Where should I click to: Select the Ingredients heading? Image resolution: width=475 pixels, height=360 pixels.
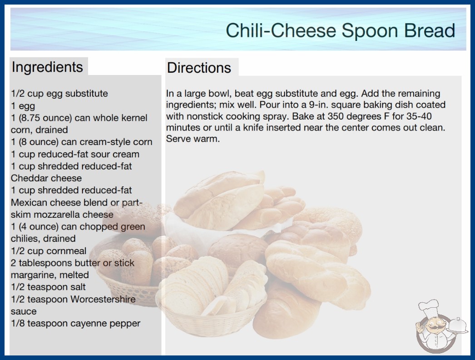coord(47,67)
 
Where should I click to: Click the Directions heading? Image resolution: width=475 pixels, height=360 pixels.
coord(199,68)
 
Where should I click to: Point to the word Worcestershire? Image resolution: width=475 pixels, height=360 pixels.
coord(103,299)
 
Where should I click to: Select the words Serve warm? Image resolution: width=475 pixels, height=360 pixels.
coord(193,139)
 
